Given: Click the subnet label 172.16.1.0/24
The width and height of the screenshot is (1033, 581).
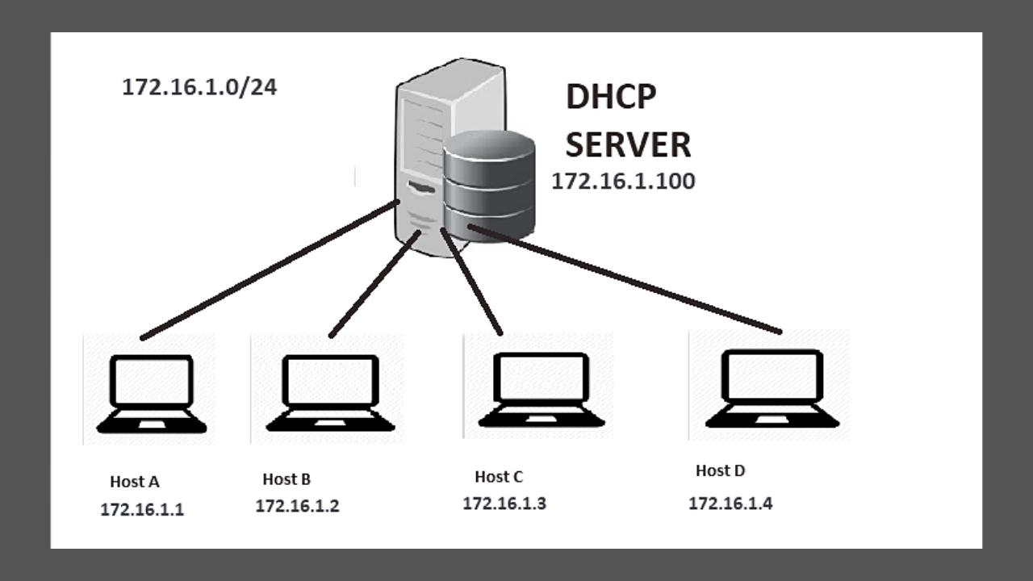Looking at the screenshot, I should tap(199, 87).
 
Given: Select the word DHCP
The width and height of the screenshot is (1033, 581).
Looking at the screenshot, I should tap(611, 97).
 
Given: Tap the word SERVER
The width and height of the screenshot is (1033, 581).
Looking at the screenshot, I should tap(627, 145).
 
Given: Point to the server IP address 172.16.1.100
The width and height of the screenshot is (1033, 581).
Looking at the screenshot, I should tap(622, 182).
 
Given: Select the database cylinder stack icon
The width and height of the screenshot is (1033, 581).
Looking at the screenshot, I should tap(489, 186).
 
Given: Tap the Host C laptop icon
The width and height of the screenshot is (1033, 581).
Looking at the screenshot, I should tap(541, 390).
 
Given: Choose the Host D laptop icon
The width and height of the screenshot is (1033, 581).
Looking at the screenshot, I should tap(772, 388).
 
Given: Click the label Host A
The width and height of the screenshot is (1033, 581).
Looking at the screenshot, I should tap(135, 482).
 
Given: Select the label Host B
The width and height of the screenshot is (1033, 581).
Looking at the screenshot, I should tap(286, 479).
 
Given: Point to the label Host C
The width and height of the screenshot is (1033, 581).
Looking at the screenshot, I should tap(499, 477).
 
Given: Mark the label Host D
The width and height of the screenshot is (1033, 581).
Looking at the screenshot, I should tap(720, 470).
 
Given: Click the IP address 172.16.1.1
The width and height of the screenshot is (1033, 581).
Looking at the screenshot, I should tap(142, 510).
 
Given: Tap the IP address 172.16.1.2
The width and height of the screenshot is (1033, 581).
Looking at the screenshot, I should tap(297, 507).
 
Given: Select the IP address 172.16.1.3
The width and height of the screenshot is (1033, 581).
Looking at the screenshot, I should tap(504, 504).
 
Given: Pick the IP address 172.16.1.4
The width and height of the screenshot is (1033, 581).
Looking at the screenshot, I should tap(730, 504).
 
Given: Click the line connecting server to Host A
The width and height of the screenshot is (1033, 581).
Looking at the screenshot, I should tap(266, 270).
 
